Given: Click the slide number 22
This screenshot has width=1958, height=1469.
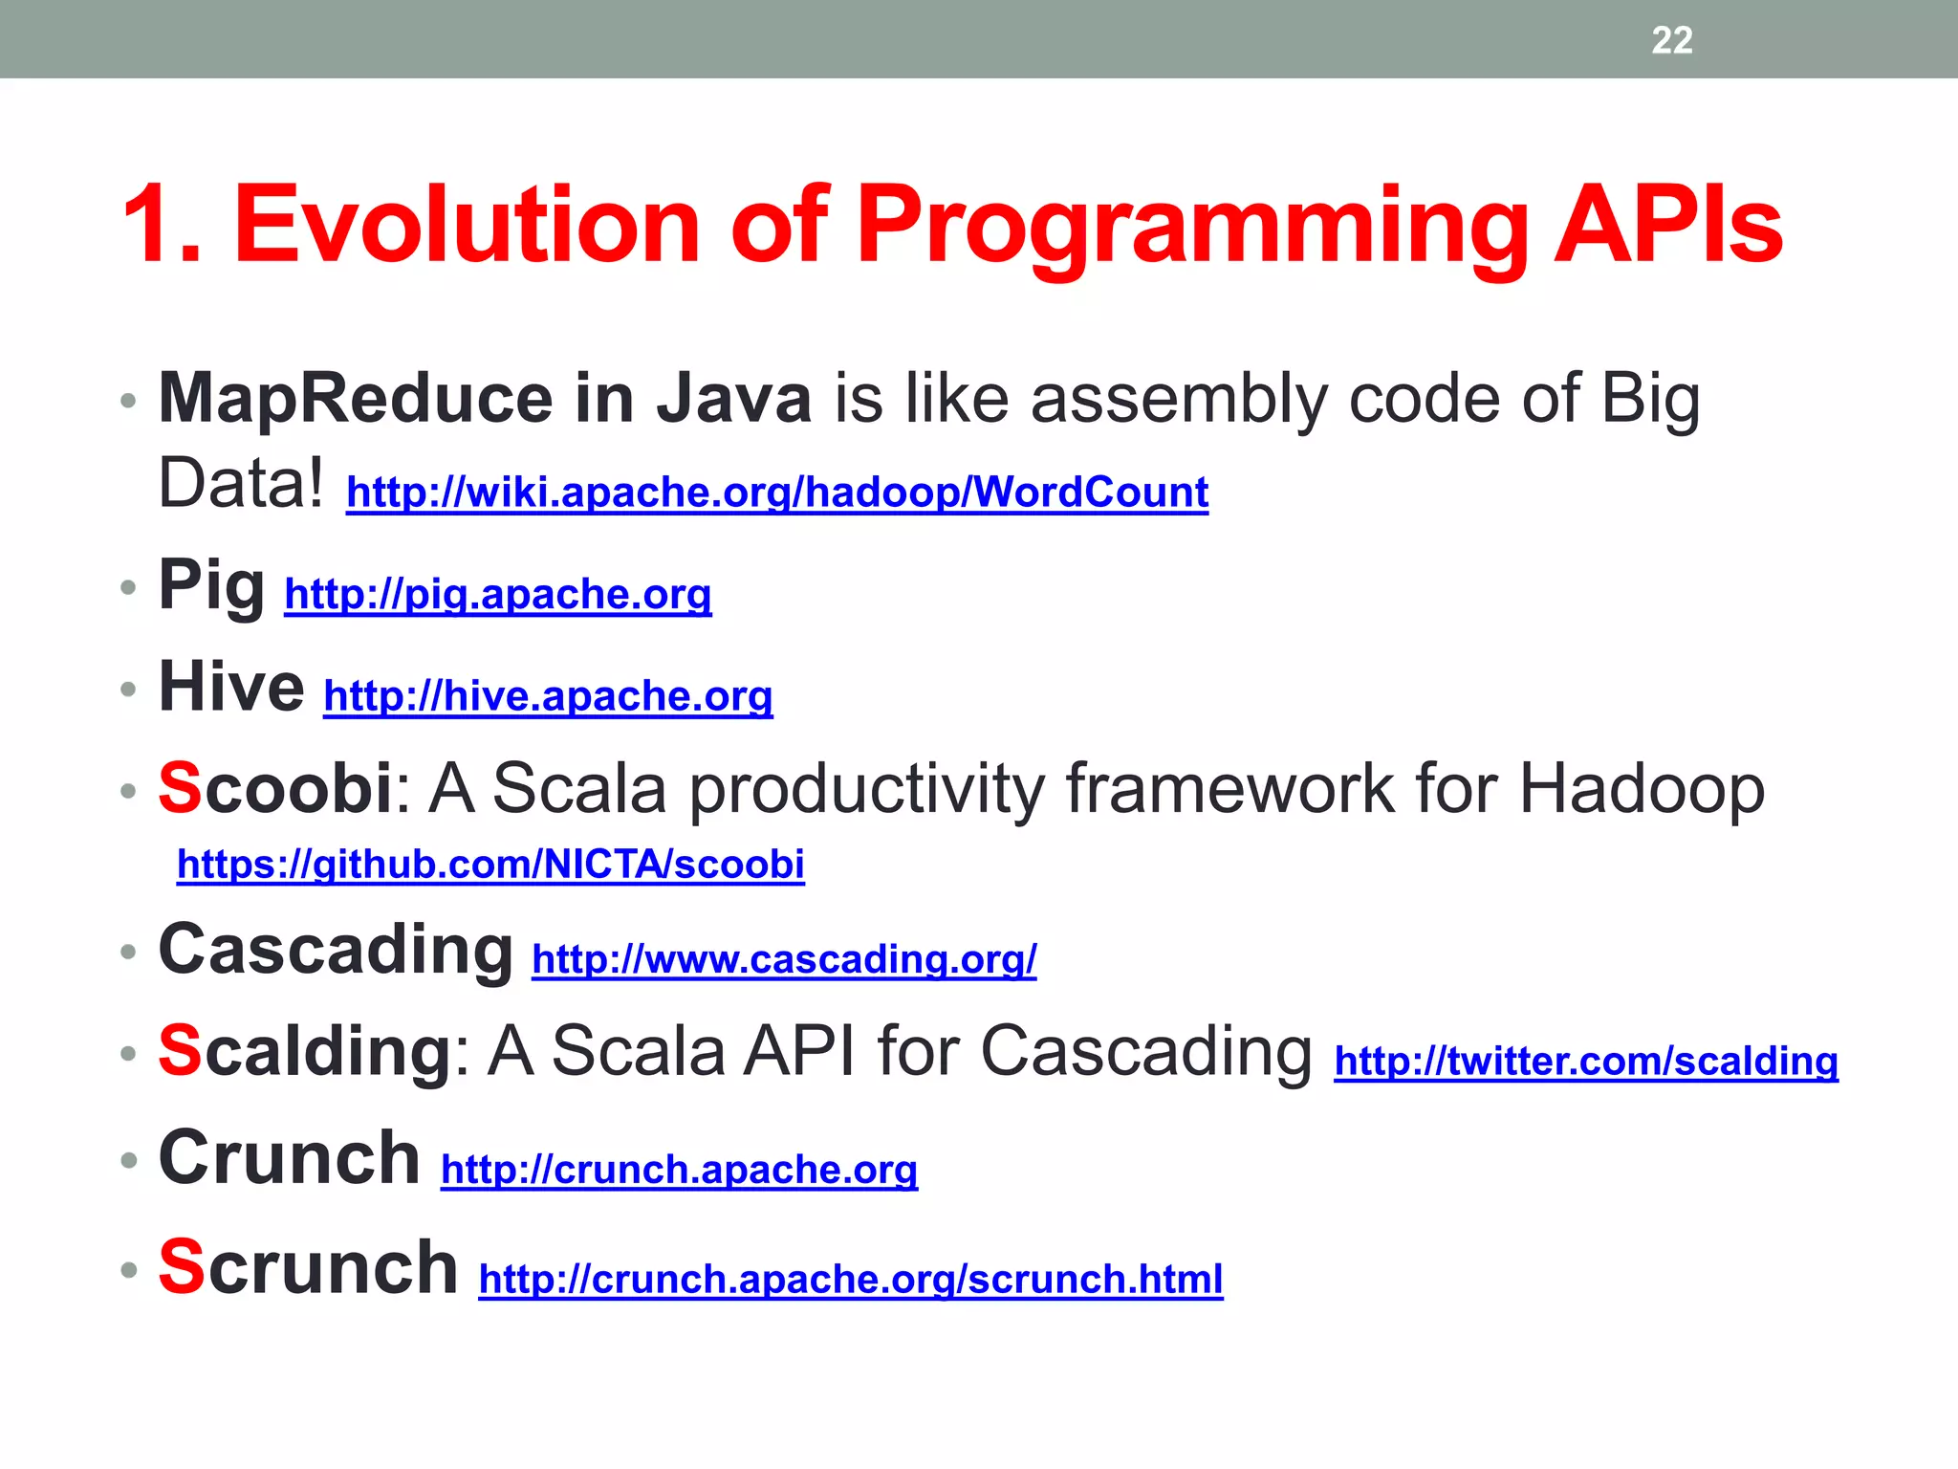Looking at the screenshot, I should pos(1671,40).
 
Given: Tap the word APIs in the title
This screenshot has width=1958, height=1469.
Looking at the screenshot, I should pos(1667,226).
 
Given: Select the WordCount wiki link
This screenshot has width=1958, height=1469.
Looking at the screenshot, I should pos(776,492).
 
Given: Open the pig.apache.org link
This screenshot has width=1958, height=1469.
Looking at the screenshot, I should pos(497,594).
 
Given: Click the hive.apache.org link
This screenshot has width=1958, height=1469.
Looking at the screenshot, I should pos(548,695).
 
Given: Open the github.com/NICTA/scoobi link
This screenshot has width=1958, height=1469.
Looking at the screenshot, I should pos(490,864).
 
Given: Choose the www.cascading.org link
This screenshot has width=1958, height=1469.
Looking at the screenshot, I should pos(784,958).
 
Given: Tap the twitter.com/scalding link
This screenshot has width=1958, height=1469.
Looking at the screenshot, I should pos(1585,1061).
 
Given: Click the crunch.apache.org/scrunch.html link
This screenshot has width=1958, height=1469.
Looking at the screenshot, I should pos(850,1279).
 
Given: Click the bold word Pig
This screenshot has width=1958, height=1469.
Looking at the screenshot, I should pos(211,585).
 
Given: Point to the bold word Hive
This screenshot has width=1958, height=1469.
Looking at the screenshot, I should pos(231,687).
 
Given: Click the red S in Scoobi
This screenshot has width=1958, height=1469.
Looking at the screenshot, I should pos(180,788).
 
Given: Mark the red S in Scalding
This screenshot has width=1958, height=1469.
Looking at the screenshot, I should pos(180,1050).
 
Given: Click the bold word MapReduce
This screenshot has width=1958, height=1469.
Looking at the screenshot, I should pos(355,398).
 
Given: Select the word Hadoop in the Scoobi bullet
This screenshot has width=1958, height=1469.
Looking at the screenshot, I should pos(1641,790).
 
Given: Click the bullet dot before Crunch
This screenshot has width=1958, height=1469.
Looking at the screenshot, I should pos(129,1160).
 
